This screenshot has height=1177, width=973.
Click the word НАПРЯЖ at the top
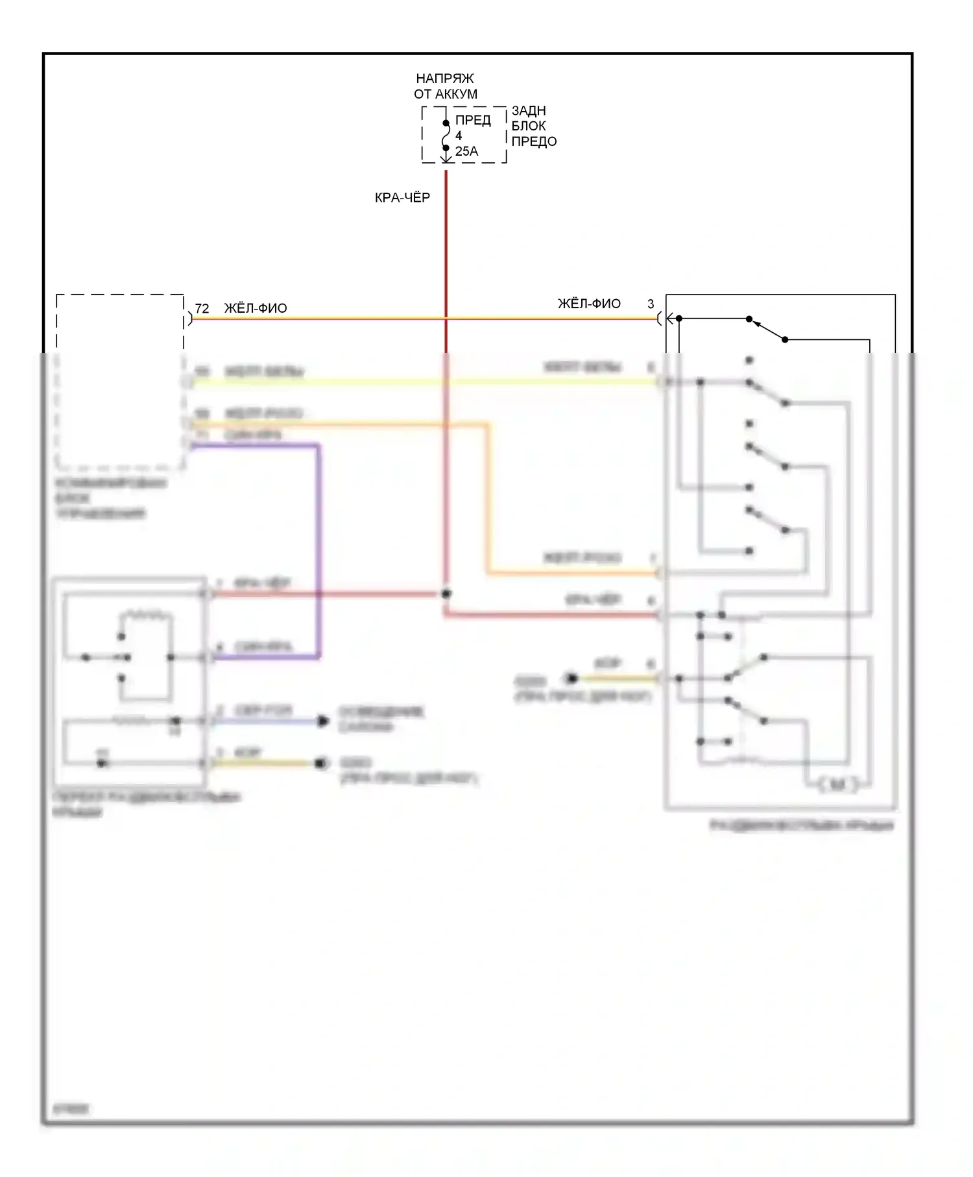coord(445,79)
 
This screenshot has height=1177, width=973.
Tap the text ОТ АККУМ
coord(445,94)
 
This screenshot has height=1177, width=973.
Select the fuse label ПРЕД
coord(473,120)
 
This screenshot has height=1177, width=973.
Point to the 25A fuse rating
coord(466,151)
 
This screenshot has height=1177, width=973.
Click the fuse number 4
coord(459,136)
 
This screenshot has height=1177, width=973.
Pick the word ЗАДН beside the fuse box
coord(529,110)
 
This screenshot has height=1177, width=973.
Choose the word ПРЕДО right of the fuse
coord(534,141)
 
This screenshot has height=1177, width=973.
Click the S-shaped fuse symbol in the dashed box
coord(446,136)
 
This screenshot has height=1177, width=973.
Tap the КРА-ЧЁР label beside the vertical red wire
coord(402,197)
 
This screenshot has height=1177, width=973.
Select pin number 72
coord(202,309)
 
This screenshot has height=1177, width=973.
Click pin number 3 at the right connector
coord(651,304)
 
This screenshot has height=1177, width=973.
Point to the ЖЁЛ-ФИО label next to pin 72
coord(256,309)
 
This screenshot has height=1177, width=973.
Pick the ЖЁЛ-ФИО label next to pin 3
coord(589,304)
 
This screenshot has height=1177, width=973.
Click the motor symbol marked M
coord(837,785)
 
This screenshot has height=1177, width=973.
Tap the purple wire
coord(318,552)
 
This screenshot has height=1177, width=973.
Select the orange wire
coord(488,500)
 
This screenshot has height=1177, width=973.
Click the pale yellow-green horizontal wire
coord(422,382)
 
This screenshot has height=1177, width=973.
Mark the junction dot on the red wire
coord(446,594)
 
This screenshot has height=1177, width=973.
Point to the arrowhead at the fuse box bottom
coord(446,158)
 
